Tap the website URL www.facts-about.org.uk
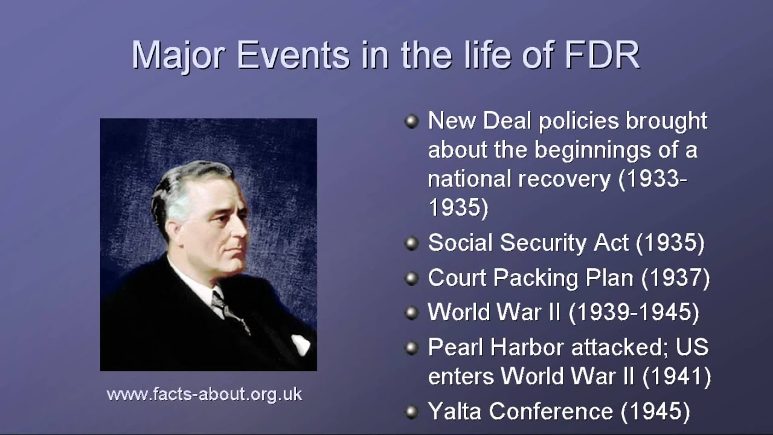pos(204,395)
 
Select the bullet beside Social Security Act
pos(411,243)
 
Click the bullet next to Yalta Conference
pos(411,412)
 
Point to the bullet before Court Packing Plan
pos(411,279)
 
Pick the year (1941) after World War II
pos(676,376)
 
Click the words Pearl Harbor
pos(488,347)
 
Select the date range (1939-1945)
pos(634,312)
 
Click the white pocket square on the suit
pos(300,344)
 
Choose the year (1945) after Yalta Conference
pos(655,411)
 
